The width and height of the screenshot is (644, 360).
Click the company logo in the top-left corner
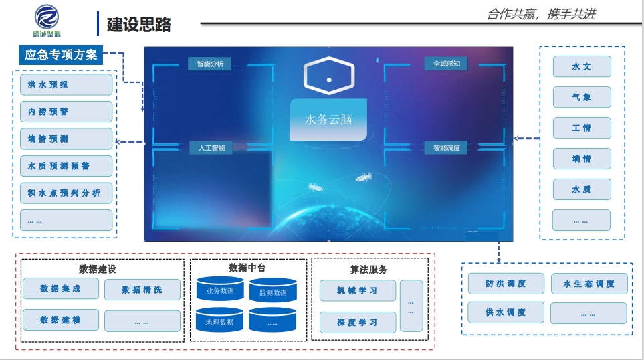coord(46,21)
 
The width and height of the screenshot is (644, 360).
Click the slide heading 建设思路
coord(139,25)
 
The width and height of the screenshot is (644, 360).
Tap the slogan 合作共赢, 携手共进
coord(541,14)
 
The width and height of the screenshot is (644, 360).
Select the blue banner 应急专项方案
coord(61,55)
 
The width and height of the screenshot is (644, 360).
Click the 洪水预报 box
coord(66,85)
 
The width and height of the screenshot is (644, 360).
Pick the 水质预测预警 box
coord(66,166)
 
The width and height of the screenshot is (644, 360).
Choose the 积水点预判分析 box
coord(66,193)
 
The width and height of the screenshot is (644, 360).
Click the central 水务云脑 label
coord(328,120)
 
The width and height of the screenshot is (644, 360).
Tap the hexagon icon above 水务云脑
coord(328,76)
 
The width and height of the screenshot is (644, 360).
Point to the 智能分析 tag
coord(210,64)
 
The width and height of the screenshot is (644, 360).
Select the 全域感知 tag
coord(447,64)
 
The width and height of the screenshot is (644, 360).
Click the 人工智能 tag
coord(211,147)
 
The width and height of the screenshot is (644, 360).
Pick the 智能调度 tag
coord(447,147)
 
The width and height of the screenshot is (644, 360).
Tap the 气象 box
coord(582,97)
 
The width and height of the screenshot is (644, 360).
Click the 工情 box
coord(582,128)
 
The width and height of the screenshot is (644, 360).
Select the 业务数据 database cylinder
coord(220,288)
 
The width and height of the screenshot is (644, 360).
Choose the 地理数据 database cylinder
coord(220,320)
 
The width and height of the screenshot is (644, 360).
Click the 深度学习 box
coord(358,322)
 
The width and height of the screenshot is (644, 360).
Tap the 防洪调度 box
coord(506,284)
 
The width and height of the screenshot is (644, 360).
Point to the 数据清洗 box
coord(142,290)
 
